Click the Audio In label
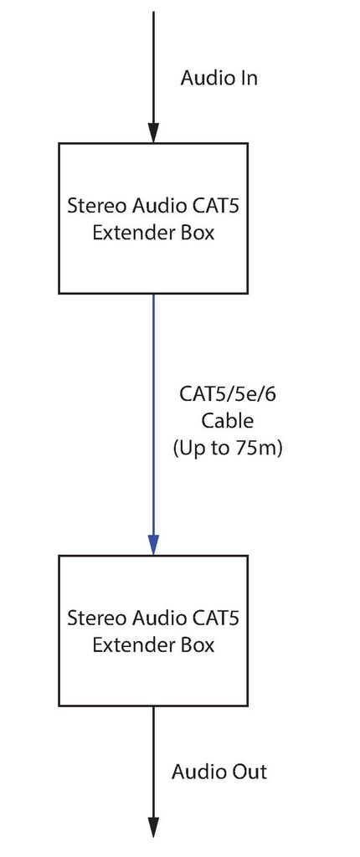coord(219,78)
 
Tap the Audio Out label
coord(219,772)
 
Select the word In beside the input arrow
coord(249,78)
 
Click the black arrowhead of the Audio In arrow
coord(154,133)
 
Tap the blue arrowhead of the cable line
coord(154,545)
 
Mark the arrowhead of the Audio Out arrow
coord(154,828)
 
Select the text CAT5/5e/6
coord(228,394)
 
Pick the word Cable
coord(228,421)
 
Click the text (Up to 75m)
coord(228,449)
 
